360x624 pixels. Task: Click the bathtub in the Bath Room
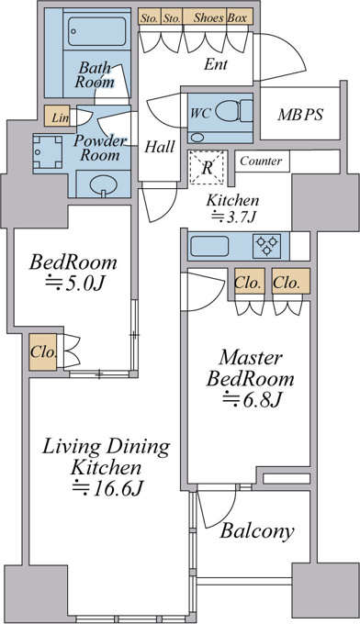pos(96,31)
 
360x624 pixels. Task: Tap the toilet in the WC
pos(234,111)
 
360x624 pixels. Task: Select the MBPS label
pos(300,115)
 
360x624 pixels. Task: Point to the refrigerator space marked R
pos(207,168)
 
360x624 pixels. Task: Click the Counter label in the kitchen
pos(261,162)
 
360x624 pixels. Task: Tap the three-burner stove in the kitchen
pos(266,246)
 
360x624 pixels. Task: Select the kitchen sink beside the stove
pos(209,246)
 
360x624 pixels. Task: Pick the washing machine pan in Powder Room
pos(48,152)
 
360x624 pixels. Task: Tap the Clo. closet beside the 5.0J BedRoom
pos(42,353)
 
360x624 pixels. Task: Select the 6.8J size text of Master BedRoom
pos(252,399)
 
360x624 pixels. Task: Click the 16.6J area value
pos(107,488)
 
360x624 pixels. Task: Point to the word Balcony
pos(257,531)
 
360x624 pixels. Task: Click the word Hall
pos(159,147)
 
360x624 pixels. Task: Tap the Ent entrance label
pos(216,64)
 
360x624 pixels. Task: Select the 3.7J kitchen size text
pos(234,217)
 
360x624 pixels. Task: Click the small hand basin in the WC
pos(196,138)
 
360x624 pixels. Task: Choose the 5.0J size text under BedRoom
pos(74,284)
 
